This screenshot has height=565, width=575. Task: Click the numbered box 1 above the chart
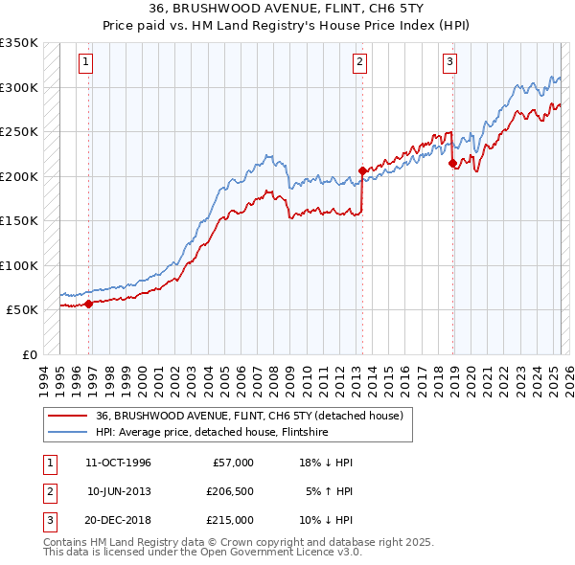[85, 63]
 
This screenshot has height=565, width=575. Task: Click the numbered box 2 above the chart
[360, 63]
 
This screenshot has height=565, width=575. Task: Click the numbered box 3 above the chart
[449, 63]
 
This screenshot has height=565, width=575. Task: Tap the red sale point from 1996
[88, 304]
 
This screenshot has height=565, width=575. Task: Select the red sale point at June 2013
[362, 170]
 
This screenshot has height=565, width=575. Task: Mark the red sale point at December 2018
[451, 163]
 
